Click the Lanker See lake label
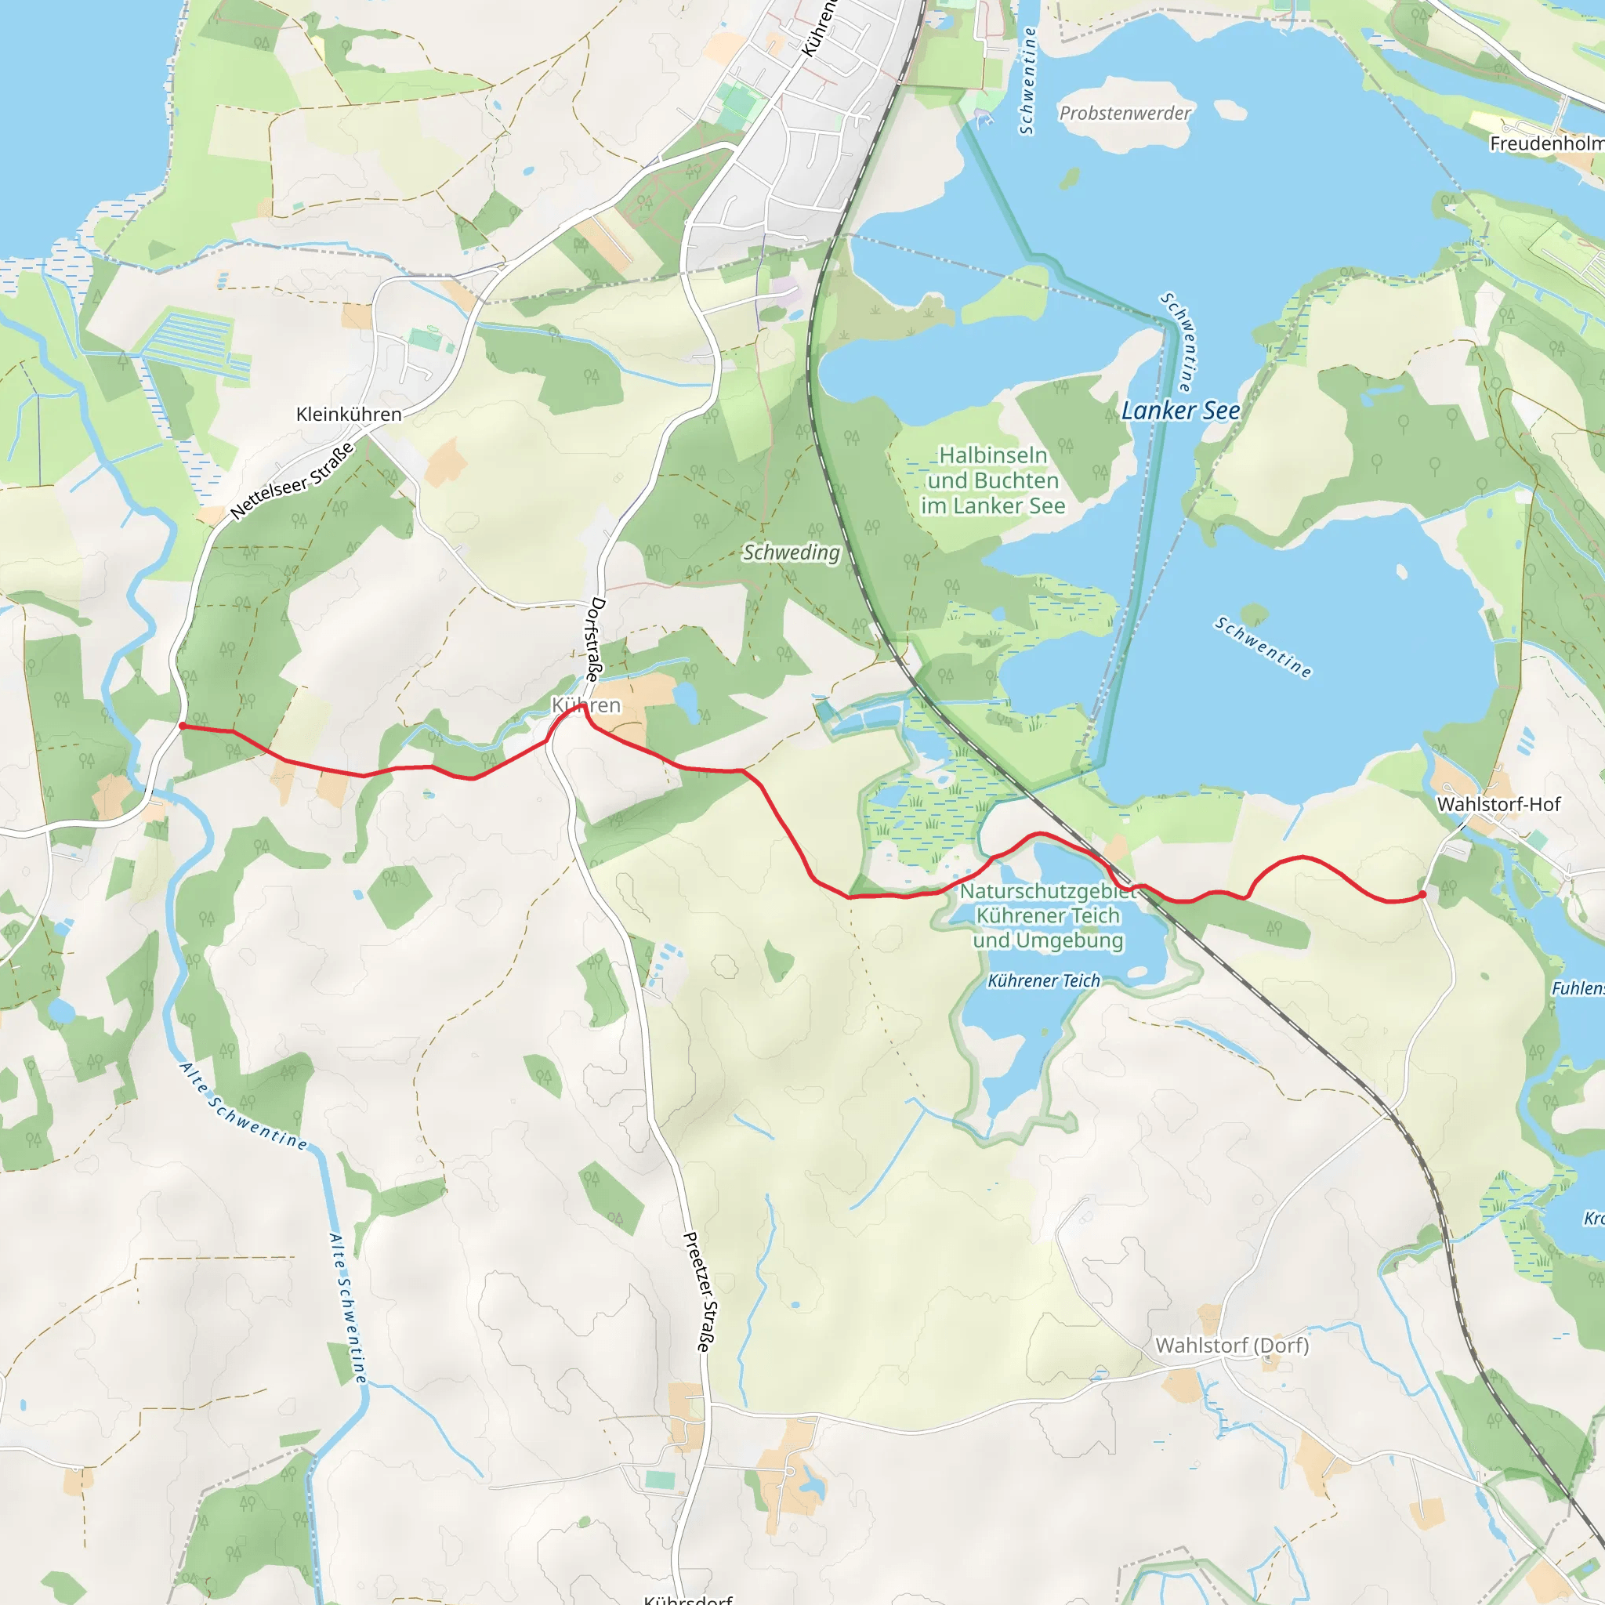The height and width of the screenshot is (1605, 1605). [1180, 411]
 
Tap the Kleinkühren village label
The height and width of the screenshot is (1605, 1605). [349, 414]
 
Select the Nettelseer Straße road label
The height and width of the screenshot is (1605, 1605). [292, 482]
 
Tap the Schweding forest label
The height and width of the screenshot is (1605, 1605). [791, 553]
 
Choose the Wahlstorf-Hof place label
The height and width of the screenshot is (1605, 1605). [1498, 804]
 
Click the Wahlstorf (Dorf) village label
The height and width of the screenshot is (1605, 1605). [1231, 1345]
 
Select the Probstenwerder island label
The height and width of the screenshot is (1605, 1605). [1125, 113]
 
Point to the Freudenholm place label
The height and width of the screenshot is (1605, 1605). [1546, 143]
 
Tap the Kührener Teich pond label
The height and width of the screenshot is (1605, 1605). [1043, 981]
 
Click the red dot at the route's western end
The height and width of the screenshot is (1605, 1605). [183, 726]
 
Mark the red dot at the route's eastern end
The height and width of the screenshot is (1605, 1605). [1423, 895]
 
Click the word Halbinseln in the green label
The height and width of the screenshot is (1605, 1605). [993, 455]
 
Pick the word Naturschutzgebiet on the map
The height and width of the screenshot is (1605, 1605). [1048, 891]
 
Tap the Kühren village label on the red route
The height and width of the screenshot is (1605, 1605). [586, 705]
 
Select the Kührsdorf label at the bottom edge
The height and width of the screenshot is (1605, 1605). [689, 1599]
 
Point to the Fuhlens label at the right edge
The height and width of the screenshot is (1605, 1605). [1578, 988]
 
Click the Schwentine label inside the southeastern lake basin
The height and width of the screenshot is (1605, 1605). [1263, 647]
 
